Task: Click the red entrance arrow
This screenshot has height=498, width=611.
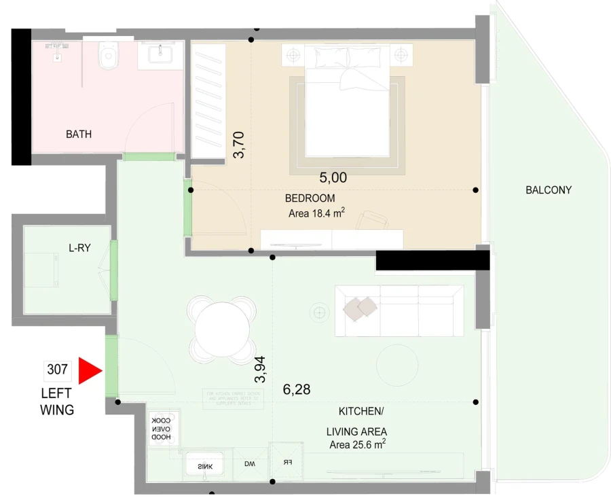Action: click(x=88, y=371)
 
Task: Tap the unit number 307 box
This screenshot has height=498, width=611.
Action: click(x=57, y=370)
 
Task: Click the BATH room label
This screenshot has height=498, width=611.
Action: click(x=79, y=135)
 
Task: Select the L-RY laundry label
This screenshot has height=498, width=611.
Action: click(x=79, y=248)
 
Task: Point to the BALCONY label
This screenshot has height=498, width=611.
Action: click(x=549, y=190)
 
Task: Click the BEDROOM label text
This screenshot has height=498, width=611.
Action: click(x=310, y=198)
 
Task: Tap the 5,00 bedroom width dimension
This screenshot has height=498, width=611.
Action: click(x=333, y=178)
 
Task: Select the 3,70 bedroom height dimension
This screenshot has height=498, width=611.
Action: click(x=238, y=145)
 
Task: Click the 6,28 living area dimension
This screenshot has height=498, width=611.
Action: click(x=296, y=389)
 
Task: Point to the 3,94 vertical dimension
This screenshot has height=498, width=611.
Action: click(x=260, y=369)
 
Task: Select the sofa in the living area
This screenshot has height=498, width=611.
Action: click(x=398, y=310)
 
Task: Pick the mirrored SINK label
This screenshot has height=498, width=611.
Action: click(x=206, y=466)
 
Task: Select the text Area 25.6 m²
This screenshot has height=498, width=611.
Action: click(x=357, y=445)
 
